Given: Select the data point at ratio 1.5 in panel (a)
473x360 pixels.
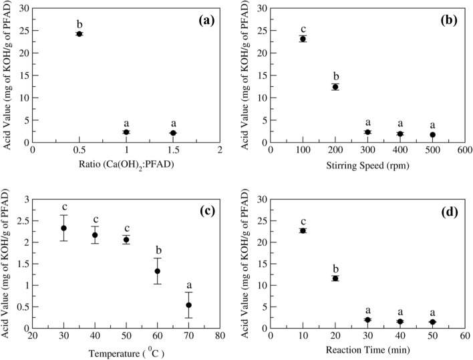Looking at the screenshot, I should [x=173, y=133].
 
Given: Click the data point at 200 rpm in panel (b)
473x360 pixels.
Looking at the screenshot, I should [x=335, y=87].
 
